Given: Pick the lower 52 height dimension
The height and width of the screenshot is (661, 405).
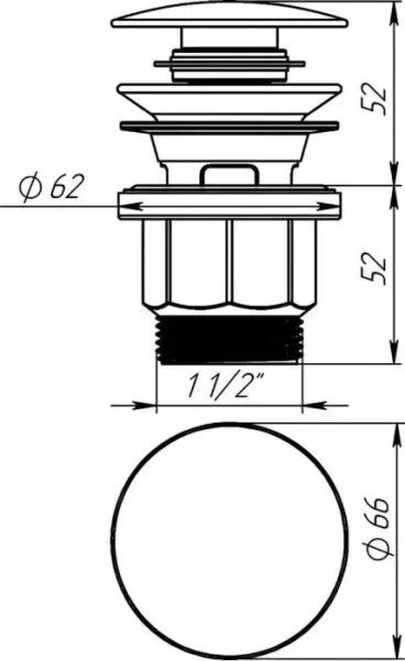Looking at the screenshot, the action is click(x=375, y=269).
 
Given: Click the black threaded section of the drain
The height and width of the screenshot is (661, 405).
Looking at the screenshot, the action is click(x=230, y=339).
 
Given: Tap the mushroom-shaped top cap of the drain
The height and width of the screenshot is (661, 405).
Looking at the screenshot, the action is click(x=230, y=16).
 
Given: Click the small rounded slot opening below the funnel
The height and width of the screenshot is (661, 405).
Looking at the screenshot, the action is click(x=230, y=174).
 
